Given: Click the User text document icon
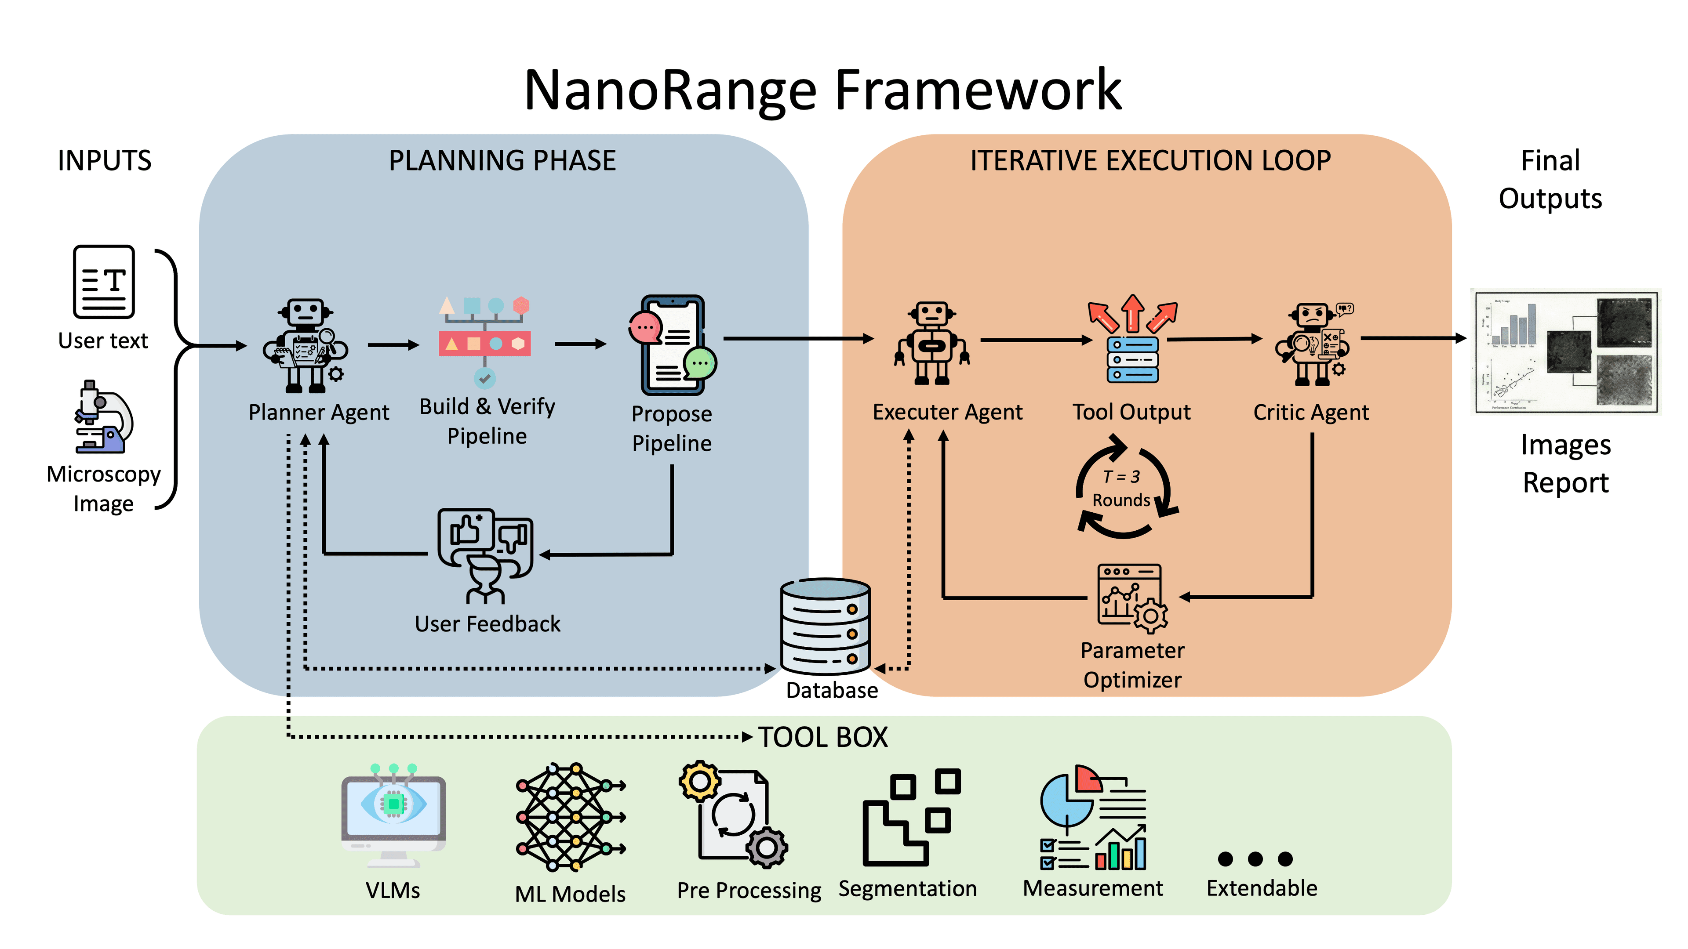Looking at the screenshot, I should (x=104, y=282).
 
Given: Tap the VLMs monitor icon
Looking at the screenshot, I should (x=393, y=816).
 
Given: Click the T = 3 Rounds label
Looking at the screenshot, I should (x=1121, y=489).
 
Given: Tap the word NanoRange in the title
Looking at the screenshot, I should (x=672, y=91).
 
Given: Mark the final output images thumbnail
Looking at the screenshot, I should (x=1565, y=351).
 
